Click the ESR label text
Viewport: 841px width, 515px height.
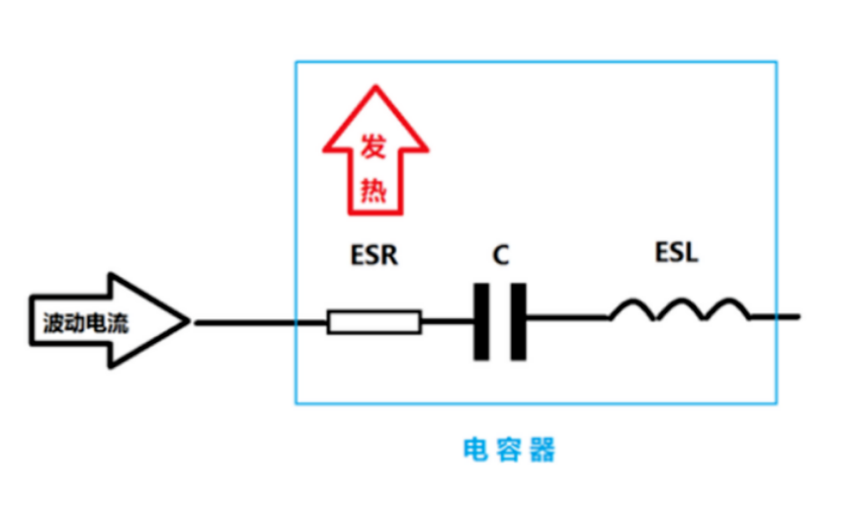coord(374,255)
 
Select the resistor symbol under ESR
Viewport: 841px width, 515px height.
coord(374,321)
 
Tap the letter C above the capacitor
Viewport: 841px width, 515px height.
coord(501,255)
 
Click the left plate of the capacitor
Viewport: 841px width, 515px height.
coord(482,321)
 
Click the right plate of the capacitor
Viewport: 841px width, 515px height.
coord(518,321)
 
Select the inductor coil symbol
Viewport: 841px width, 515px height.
coord(679,310)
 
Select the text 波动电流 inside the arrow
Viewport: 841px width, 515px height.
coord(85,322)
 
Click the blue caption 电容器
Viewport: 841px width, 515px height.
coord(509,451)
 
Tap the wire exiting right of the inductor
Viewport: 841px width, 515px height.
coord(776,318)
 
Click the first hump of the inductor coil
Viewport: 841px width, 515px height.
coord(633,307)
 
